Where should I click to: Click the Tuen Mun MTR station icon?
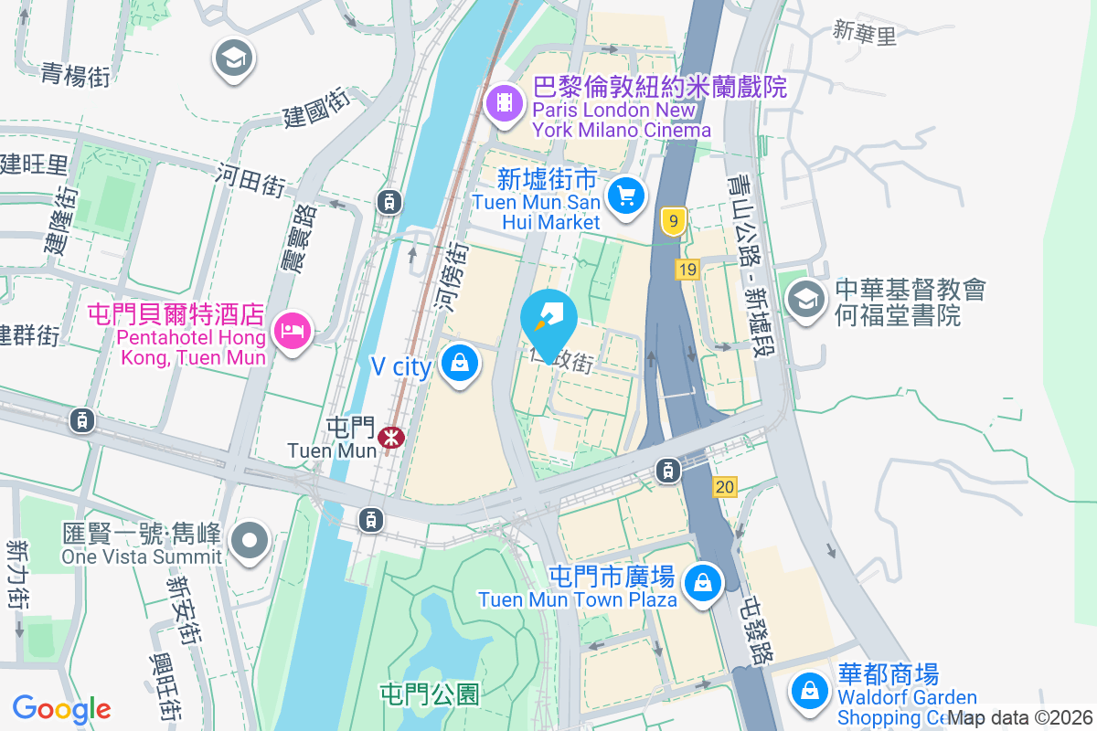[x=391, y=437]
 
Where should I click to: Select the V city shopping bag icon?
[x=460, y=365]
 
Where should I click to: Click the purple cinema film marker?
[x=504, y=103]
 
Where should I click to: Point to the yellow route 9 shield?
[x=674, y=220]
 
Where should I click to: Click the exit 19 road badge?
[x=688, y=269]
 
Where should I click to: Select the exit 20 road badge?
[x=725, y=487]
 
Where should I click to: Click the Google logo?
[x=62, y=709]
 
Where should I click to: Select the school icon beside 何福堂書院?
[x=805, y=300]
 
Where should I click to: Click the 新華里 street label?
[x=865, y=35]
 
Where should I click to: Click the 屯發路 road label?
[x=759, y=631]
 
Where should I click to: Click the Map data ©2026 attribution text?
[x=1019, y=718]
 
